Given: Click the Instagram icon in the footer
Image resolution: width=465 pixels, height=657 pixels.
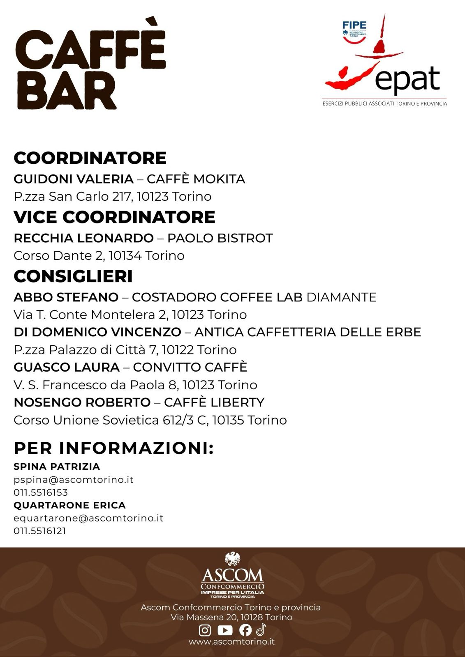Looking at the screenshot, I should click(x=205, y=630).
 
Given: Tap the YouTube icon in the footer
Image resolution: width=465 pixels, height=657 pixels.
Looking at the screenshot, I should click(x=225, y=630).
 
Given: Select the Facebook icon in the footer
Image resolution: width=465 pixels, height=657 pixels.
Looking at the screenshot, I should click(x=245, y=630).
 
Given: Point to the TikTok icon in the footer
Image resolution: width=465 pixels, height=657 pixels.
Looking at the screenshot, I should click(x=261, y=629).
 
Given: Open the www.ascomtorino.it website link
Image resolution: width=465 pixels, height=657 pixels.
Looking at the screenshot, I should click(x=232, y=641).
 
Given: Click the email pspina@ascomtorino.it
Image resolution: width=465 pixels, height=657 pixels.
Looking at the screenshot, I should click(x=74, y=480).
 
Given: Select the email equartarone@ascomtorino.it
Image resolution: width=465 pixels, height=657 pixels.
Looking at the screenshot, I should click(x=88, y=518).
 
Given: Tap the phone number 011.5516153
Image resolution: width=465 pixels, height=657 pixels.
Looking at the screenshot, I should click(x=41, y=492).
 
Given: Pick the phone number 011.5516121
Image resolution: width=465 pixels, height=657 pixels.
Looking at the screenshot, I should click(x=40, y=531).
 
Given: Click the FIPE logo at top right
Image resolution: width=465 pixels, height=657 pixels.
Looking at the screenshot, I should click(x=354, y=30).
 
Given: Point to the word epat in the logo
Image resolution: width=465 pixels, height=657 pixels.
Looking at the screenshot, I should click(x=407, y=79).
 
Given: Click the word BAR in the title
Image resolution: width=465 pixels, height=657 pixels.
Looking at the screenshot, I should click(x=67, y=91).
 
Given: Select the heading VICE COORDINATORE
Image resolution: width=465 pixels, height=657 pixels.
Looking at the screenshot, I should click(x=114, y=217).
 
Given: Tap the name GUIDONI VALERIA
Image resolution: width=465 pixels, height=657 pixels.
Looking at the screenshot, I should click(x=74, y=179).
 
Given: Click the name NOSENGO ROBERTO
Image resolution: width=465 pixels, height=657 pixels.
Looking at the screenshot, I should click(x=82, y=402).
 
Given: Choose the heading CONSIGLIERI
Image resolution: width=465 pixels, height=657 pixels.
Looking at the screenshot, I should click(x=73, y=276).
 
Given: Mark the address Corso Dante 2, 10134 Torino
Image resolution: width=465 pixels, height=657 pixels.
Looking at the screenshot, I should click(x=99, y=256).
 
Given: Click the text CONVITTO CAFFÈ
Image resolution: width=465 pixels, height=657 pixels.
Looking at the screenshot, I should click(x=190, y=367).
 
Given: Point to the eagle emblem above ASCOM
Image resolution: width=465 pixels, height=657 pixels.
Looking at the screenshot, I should click(x=232, y=559).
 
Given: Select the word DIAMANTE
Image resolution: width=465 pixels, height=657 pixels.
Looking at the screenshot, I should click(x=341, y=297).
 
